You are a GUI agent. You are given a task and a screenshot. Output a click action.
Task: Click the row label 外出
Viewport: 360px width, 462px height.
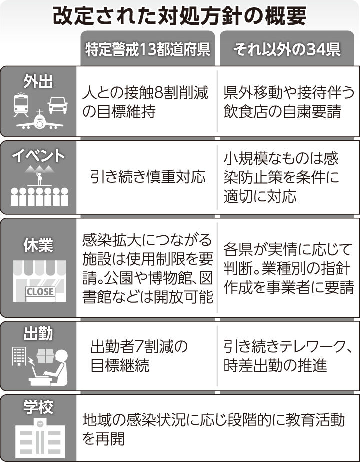(38, 82)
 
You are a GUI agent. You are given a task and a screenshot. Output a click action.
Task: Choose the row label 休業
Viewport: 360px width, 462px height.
(38, 245)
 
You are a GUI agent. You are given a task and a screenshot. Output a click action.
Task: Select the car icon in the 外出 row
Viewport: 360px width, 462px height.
(57, 104)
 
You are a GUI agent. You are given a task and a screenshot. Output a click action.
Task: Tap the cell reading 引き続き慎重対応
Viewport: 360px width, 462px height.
(148, 176)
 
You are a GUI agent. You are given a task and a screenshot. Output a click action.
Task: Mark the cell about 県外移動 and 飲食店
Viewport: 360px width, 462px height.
(289, 102)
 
